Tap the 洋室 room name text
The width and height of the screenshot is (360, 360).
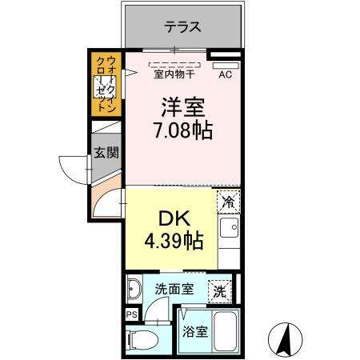click(x=182, y=106)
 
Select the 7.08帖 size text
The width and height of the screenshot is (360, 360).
click(x=182, y=130)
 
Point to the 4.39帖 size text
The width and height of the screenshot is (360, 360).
click(x=170, y=240)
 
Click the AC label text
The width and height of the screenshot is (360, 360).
click(x=226, y=77)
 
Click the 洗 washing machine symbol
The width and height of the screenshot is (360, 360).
click(x=218, y=292)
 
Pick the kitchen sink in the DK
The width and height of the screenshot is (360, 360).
click(x=227, y=232)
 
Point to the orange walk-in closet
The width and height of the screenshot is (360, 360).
click(x=106, y=84)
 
